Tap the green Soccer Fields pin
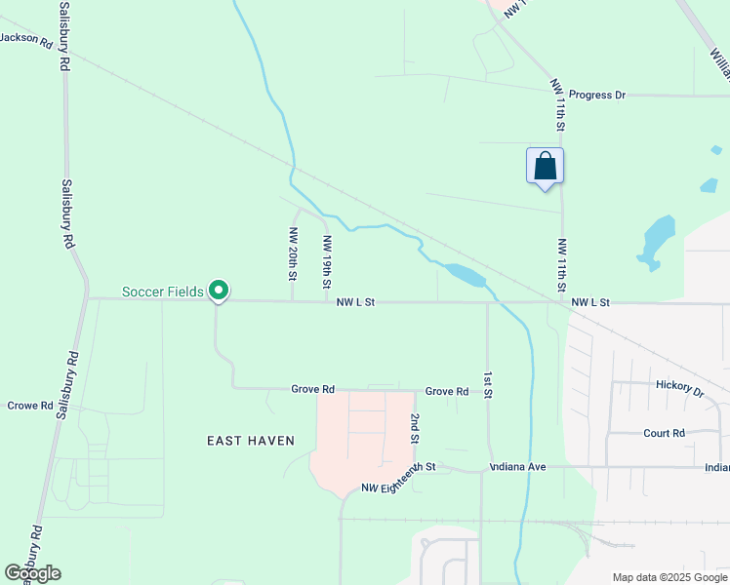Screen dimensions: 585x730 point(220,290)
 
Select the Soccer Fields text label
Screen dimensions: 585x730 point(163,292)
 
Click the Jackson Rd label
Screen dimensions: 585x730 point(26,40)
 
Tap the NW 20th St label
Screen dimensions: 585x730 point(292,253)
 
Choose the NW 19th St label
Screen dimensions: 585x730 point(326,261)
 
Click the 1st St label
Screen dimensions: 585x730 point(486,382)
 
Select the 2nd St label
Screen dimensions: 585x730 point(414,428)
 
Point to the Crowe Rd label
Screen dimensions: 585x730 point(29,405)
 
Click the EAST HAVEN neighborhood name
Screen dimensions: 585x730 point(251,441)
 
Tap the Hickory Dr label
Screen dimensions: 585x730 point(679,388)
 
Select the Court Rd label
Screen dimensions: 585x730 point(664,433)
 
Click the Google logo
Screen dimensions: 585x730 point(32,573)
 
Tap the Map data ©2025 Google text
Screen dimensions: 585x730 point(669,577)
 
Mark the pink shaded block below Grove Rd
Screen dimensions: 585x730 point(361,439)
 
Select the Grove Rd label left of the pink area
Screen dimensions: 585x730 point(312,389)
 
